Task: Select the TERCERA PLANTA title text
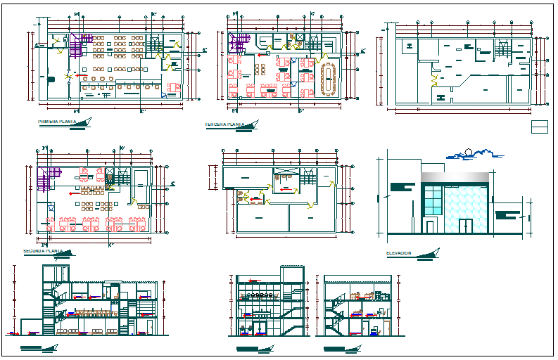pos(224,124)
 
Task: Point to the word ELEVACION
pos(399,253)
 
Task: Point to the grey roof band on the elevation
pos(455,176)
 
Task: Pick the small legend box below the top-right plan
pos(539,127)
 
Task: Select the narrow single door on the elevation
pos(429,225)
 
